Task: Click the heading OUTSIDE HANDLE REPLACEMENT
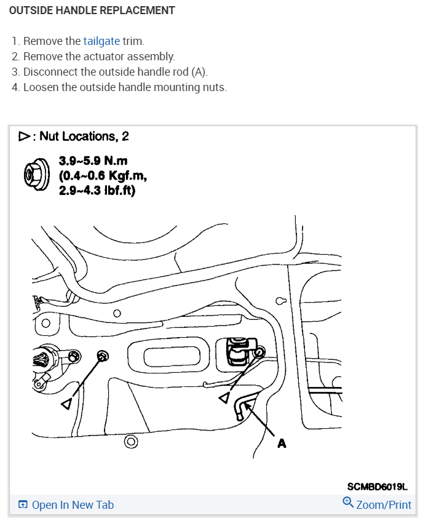[x=92, y=10]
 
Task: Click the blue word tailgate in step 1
[x=101, y=42]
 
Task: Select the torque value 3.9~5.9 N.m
[x=93, y=161]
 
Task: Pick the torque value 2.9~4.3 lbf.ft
[x=97, y=191]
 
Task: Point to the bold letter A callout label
[x=282, y=442]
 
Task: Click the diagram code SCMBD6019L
[x=378, y=487]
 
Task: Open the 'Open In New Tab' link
[x=73, y=505]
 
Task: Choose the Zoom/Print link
[x=384, y=505]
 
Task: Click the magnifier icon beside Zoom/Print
[x=348, y=504]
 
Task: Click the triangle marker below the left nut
[x=67, y=403]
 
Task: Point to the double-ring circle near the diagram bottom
[x=130, y=441]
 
